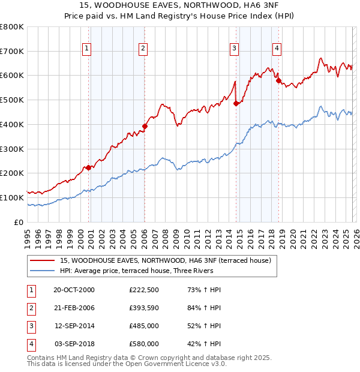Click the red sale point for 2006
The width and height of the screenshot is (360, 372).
pyautogui.click(x=145, y=126)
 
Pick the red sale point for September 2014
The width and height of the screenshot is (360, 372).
pyautogui.click(x=236, y=104)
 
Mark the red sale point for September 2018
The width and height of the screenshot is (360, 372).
pyautogui.click(x=278, y=80)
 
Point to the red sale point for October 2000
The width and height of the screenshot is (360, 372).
pyautogui.click(x=88, y=167)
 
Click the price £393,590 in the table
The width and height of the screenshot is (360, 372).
pyautogui.click(x=143, y=308)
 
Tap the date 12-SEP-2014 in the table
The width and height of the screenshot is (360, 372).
pyautogui.click(x=74, y=326)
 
